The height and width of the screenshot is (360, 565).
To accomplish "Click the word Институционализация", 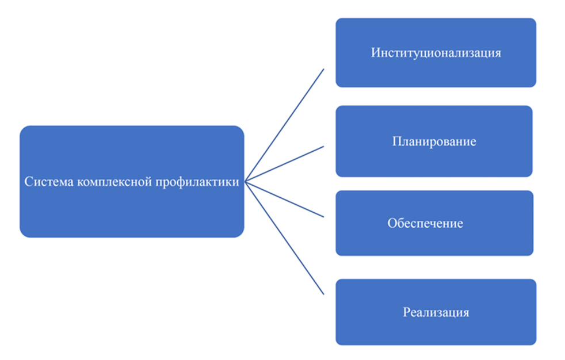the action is [x=436, y=53].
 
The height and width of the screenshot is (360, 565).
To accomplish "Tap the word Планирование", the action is [x=434, y=141].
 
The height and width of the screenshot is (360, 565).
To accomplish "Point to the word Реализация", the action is [x=436, y=313].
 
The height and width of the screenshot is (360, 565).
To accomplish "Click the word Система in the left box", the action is [x=48, y=182].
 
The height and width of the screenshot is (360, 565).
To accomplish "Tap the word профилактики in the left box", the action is [x=193, y=182].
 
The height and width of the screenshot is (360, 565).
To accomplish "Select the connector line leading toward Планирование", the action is [x=285, y=164].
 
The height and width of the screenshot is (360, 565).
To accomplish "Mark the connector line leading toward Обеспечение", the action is [x=285, y=199].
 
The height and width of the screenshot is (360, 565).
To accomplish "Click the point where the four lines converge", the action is [x=246, y=182].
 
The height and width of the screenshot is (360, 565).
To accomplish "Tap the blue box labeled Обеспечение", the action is [x=434, y=242].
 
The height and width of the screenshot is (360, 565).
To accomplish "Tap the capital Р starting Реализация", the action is [x=406, y=313].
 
